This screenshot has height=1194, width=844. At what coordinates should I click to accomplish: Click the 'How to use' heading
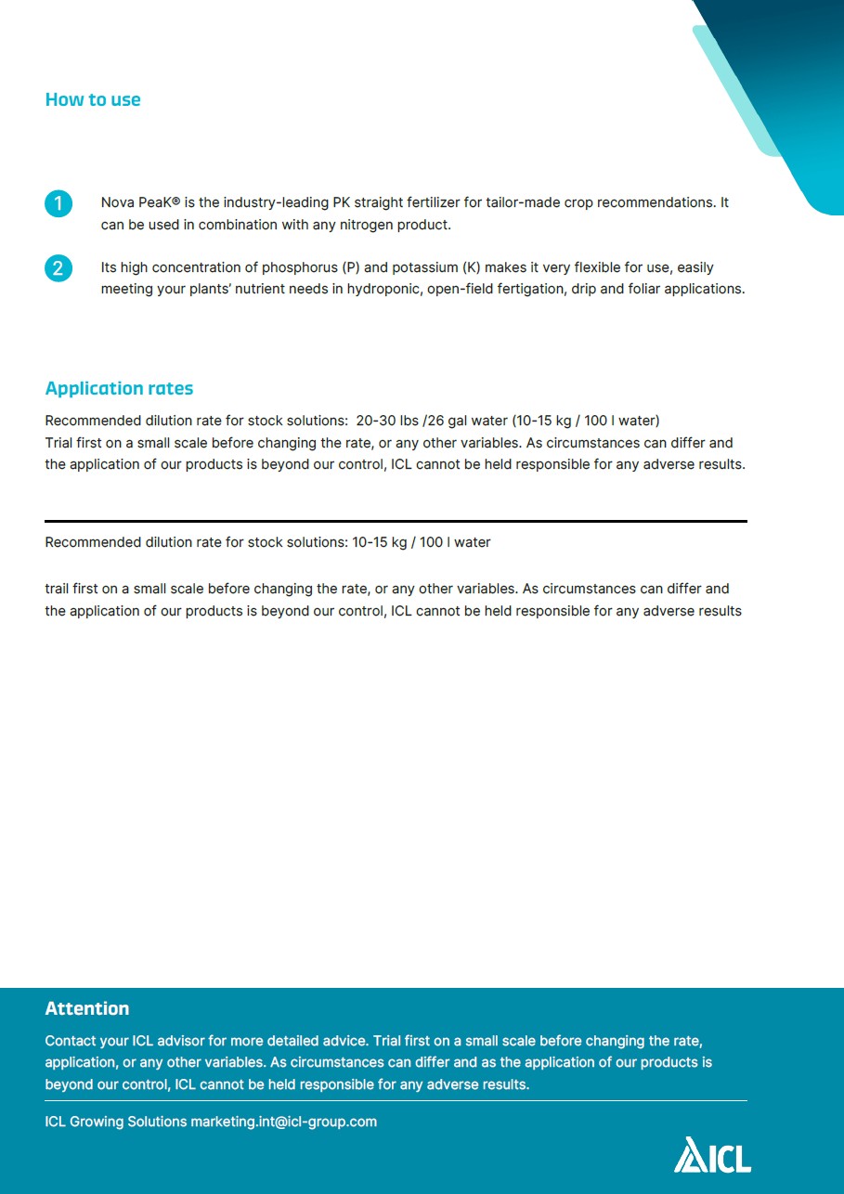(x=93, y=100)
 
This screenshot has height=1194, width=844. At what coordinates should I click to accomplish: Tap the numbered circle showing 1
(x=58, y=203)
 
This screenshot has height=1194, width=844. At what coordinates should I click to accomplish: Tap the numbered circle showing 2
(x=58, y=269)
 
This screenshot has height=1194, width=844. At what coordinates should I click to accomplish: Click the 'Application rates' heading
(x=119, y=389)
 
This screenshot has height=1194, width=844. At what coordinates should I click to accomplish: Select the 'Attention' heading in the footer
(x=87, y=1009)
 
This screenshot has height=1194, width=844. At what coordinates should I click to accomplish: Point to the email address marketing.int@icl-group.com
(x=283, y=1122)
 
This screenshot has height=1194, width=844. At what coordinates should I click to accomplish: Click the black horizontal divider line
(x=396, y=521)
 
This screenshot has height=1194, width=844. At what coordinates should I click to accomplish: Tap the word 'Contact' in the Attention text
(x=69, y=1042)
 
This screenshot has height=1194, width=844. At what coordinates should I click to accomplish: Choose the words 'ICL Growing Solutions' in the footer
(x=116, y=1122)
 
